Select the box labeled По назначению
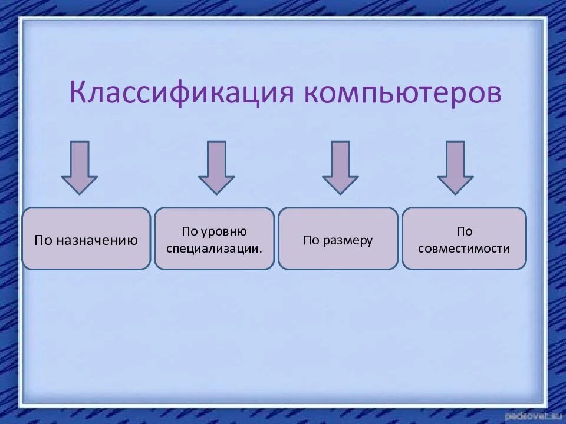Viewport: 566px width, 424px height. click(x=86, y=238)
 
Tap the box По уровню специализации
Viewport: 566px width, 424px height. click(x=214, y=238)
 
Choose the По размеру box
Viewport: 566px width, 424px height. click(x=338, y=238)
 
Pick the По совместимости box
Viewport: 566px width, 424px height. click(x=464, y=238)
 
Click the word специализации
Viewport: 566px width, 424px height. click(x=214, y=248)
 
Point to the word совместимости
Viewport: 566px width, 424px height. click(x=464, y=248)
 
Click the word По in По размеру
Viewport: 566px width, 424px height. click(x=311, y=240)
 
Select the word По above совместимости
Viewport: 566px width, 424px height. click(x=464, y=231)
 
